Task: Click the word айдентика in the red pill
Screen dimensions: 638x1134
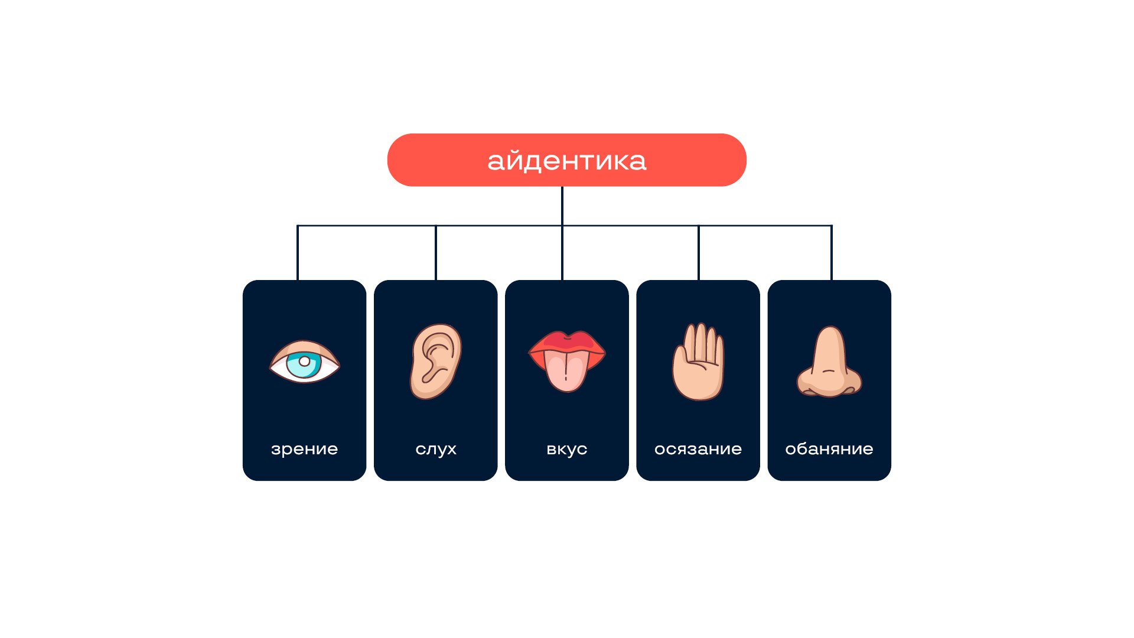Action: tap(566, 161)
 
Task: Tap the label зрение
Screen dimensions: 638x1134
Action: tap(304, 449)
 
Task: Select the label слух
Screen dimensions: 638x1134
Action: tap(436, 449)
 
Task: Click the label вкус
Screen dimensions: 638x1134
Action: tap(566, 449)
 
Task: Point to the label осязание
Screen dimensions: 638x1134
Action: tap(698, 449)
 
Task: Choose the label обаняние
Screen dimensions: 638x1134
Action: tap(829, 449)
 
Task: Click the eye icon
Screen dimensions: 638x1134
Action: tap(304, 362)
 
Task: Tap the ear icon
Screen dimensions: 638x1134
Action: tap(436, 361)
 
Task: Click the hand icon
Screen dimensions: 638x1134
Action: tap(698, 362)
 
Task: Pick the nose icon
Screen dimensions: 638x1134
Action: tap(829, 362)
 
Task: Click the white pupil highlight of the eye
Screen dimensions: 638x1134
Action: tap(304, 361)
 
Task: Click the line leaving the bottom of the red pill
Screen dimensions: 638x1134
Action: tap(562, 204)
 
